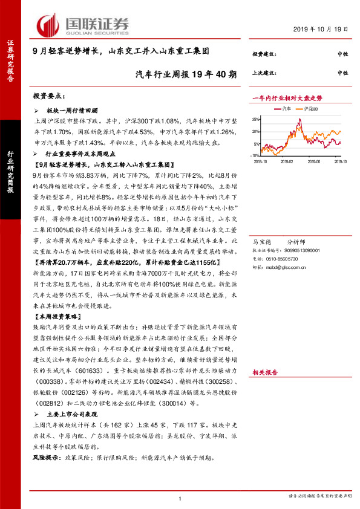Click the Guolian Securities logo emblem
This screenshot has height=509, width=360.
click(48, 24)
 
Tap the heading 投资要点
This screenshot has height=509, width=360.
click(48, 96)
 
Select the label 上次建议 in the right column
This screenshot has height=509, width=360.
click(264, 72)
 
